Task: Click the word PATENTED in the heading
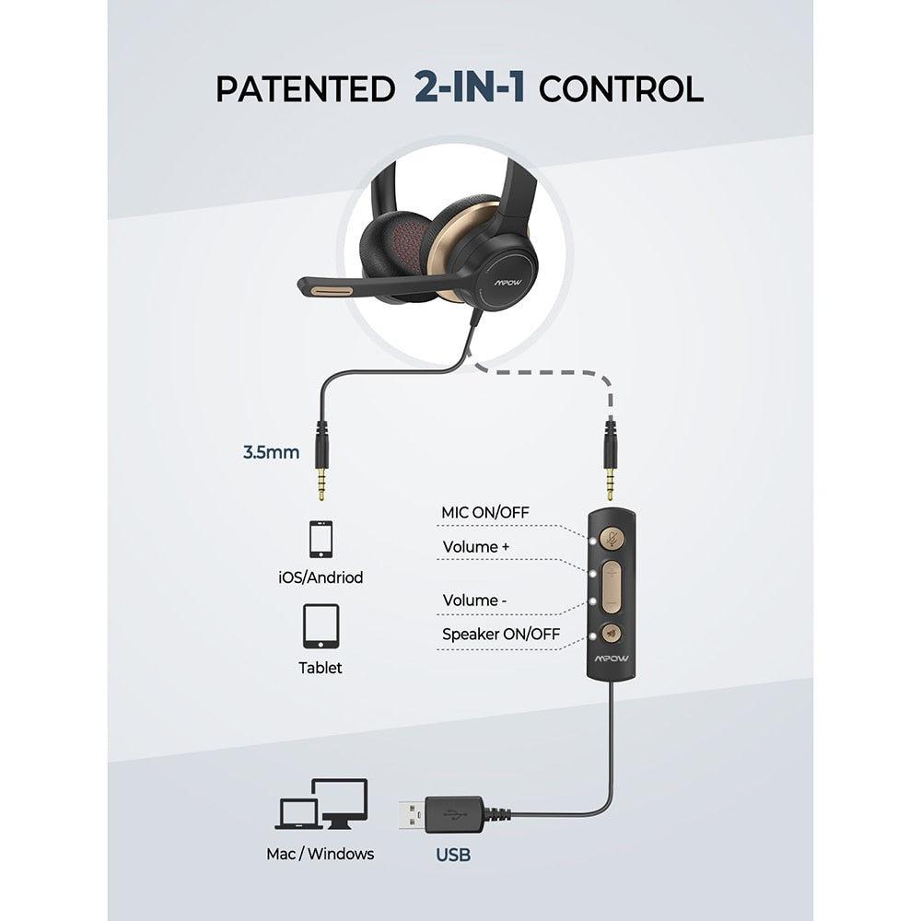coord(305,89)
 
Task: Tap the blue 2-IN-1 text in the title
coord(470,87)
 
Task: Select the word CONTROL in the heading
coord(621,89)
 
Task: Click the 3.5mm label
coord(272,452)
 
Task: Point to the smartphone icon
coord(321,539)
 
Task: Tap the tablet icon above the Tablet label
coord(321,625)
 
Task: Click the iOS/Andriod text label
coord(321,577)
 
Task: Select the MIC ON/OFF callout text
coord(485,512)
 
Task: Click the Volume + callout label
coord(476,547)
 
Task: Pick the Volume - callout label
coord(474,600)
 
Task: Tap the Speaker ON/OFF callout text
coord(501,635)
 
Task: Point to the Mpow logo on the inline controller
coord(612,659)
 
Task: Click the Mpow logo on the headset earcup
coord(507,283)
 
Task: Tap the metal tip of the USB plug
coord(412,815)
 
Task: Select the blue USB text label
coord(453,855)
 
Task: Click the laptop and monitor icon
coord(321,804)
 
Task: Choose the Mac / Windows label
coord(321,854)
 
